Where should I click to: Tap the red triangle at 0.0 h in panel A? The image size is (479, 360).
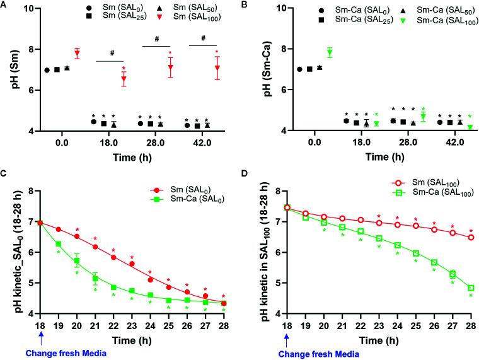coord(78,53)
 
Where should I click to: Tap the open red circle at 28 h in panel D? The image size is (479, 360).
coord(471,237)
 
